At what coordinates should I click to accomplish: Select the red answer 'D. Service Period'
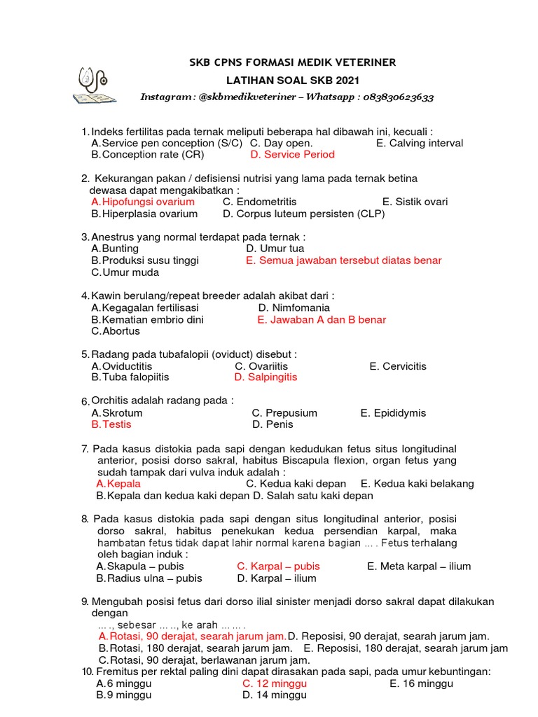292,154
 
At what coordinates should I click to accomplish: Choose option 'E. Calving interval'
419,143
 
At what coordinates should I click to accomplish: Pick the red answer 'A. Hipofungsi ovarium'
143,202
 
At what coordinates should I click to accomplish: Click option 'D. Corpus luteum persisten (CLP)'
303,214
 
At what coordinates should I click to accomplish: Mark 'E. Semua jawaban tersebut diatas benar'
343,260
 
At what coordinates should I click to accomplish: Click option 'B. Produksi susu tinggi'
145,260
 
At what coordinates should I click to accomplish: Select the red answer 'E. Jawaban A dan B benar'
322,319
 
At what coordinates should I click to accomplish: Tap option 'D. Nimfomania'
294,307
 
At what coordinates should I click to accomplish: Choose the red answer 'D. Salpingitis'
265,377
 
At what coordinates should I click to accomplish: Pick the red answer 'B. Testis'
111,424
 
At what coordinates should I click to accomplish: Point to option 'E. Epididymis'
393,413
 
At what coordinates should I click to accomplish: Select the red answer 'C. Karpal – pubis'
278,566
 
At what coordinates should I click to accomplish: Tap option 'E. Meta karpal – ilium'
419,566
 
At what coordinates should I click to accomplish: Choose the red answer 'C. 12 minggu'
270,683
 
